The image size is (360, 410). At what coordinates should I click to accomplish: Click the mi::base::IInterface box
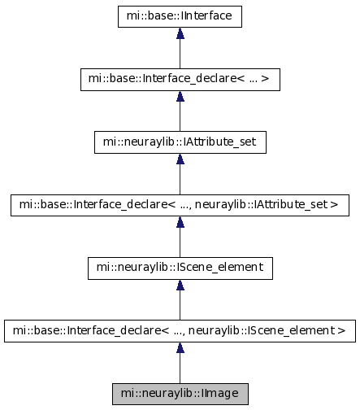180,16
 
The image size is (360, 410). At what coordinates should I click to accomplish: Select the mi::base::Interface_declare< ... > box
180,80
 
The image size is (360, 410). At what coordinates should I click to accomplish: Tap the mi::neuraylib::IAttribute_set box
180,142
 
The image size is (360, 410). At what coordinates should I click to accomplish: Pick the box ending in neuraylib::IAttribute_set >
180,205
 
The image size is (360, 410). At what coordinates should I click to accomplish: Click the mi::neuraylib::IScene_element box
180,268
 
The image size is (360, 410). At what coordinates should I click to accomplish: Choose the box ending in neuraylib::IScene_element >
180,331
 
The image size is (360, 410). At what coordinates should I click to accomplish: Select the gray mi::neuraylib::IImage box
180,394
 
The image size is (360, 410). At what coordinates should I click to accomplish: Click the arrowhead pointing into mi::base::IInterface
180,33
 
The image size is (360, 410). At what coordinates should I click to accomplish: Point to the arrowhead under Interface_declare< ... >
180,96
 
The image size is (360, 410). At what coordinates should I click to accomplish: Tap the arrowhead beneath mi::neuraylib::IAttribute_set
180,159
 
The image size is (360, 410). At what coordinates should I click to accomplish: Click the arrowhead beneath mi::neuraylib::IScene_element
180,285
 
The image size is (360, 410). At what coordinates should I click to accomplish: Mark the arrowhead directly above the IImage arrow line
180,347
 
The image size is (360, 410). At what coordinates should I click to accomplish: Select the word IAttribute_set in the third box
219,142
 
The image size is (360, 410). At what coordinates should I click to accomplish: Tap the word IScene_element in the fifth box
219,268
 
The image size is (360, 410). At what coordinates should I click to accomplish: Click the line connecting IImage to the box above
180,368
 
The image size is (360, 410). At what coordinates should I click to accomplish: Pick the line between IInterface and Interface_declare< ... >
180,54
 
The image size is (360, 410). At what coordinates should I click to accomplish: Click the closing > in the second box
265,79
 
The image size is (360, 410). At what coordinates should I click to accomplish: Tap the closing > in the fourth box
335,204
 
